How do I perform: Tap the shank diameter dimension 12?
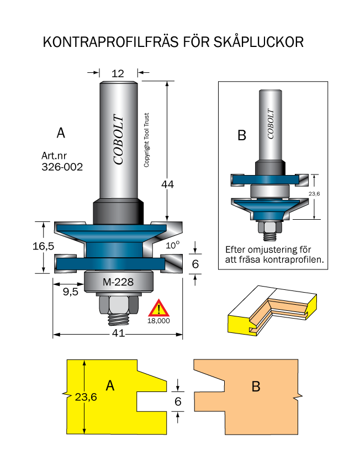[118, 73]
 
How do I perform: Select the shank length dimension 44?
[167, 184]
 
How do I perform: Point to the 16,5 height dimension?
[44, 246]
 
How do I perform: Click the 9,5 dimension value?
[71, 292]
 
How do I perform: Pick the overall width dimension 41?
[118, 333]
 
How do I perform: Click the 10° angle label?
[173, 245]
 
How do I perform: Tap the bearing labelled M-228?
[118, 282]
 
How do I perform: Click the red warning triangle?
[159, 308]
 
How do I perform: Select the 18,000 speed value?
[159, 321]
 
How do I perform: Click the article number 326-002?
[62, 167]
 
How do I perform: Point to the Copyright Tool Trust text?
[146, 140]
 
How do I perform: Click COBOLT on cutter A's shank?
[118, 139]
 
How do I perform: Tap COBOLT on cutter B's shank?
[270, 124]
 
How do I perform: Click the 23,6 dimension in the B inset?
[314, 194]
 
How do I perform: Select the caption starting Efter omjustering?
[274, 255]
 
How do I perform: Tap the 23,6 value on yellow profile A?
[86, 397]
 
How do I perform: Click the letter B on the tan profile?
[256, 386]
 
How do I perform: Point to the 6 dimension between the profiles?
[178, 401]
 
